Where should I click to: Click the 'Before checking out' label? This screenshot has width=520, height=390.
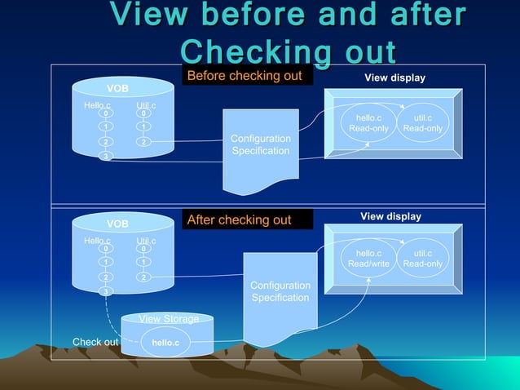click(245, 77)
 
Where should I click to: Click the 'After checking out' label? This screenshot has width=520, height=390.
click(240, 220)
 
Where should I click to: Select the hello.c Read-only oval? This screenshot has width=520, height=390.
click(368, 123)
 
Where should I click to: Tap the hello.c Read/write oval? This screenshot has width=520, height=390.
click(368, 259)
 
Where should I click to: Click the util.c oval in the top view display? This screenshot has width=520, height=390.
click(423, 123)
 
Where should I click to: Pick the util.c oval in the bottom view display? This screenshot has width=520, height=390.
click(423, 259)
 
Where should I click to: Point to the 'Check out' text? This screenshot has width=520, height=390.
click(95, 342)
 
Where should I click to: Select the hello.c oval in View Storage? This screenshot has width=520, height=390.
click(165, 343)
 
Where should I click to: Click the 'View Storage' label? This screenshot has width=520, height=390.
click(169, 319)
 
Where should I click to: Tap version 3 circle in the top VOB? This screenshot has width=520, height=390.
click(105, 156)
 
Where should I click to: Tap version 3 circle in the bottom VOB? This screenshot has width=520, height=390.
click(105, 291)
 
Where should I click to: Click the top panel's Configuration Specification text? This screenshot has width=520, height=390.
click(260, 144)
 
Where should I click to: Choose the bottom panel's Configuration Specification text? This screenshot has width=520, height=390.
click(280, 291)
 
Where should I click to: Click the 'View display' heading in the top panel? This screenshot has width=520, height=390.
click(394, 78)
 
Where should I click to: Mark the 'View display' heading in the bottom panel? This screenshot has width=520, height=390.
click(390, 216)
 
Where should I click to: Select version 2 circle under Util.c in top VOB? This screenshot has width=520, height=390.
click(143, 142)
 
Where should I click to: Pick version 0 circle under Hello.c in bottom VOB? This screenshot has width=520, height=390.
click(105, 250)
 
